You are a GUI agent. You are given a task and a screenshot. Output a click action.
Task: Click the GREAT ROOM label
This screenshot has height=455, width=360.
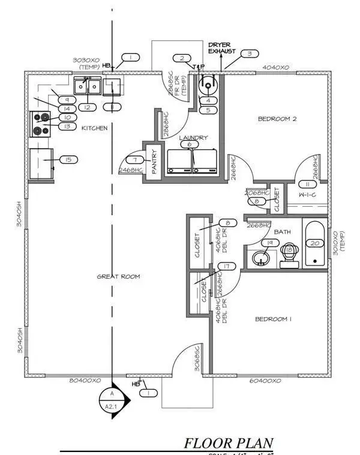coord(118,276)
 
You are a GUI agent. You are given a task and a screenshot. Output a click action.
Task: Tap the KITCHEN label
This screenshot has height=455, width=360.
coord(94,128)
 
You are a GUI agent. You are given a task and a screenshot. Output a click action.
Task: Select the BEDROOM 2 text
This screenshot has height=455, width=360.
coord(277,119)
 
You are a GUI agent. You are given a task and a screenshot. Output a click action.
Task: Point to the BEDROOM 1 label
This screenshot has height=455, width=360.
coord(273,319)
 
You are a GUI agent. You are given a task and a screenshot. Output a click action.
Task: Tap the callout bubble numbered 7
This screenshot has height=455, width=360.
coord(136,160)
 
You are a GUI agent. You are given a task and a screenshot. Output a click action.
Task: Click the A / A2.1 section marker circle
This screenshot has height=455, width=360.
coord(112,399)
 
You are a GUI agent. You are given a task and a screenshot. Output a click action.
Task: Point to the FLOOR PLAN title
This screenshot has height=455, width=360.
coord(229,444)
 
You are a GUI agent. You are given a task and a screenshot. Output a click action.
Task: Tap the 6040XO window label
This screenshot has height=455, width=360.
coord(265,381)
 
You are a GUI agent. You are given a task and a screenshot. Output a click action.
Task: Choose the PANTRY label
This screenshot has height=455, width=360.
coord(154,161)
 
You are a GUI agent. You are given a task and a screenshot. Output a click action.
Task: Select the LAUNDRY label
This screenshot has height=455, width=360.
coord(193,138)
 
